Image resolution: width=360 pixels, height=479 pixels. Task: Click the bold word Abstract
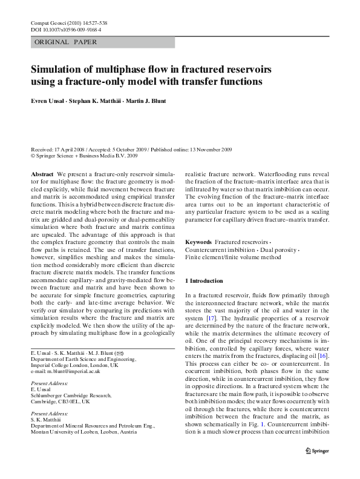42,174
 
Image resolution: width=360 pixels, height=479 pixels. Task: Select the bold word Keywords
198,242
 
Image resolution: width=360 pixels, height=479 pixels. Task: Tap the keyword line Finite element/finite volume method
233,257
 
